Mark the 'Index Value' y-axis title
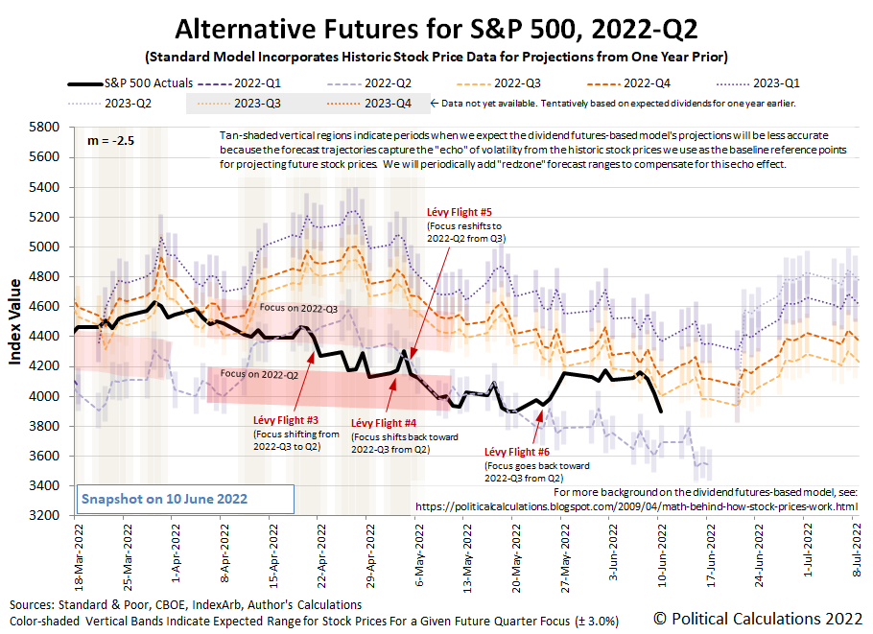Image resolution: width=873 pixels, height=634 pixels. (x=16, y=320)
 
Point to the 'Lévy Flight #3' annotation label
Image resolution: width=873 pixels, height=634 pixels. (x=286, y=419)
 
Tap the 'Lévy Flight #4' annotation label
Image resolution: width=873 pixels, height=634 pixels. (x=384, y=423)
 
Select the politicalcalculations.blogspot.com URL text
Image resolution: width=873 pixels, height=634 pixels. (x=634, y=505)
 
